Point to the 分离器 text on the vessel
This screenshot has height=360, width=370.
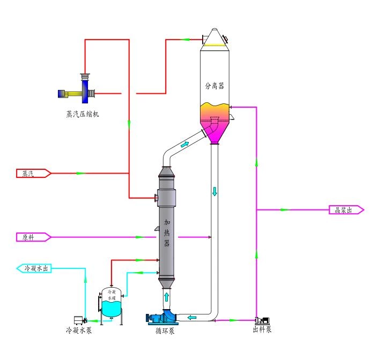pyautogui.click(x=214, y=85)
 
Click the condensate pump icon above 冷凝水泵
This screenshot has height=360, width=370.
pyautogui.click(x=80, y=320)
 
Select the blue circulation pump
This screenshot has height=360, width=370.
pyautogui.click(x=164, y=317)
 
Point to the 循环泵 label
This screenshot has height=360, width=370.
pyautogui.click(x=165, y=330)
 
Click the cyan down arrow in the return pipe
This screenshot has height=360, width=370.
pyautogui.click(x=214, y=191)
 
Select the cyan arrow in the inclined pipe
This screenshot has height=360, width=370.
pyautogui.click(x=185, y=144)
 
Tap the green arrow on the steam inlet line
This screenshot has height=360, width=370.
pyautogui.click(x=80, y=173)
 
